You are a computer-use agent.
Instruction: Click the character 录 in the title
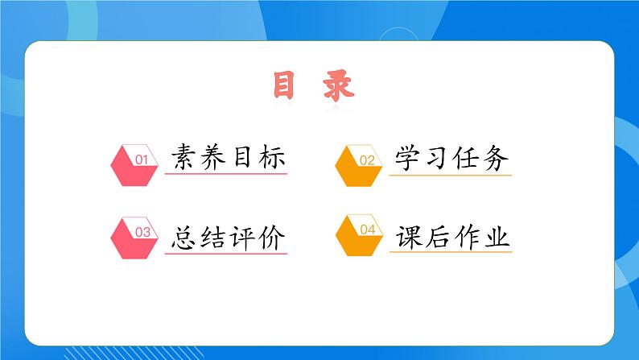coord(338,86)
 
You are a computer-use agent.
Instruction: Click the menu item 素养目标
coord(229,158)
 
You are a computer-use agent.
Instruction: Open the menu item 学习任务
coord(451,158)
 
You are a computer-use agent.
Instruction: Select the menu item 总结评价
coord(229,237)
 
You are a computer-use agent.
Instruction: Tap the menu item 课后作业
coord(452,237)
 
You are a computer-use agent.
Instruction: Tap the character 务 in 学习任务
coord(495,158)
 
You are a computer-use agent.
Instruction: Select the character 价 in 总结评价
coord(272,237)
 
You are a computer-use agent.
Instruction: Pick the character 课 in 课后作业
coord(409,237)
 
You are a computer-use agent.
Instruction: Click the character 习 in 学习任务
coord(437,158)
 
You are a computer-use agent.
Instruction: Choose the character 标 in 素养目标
coord(272,158)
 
